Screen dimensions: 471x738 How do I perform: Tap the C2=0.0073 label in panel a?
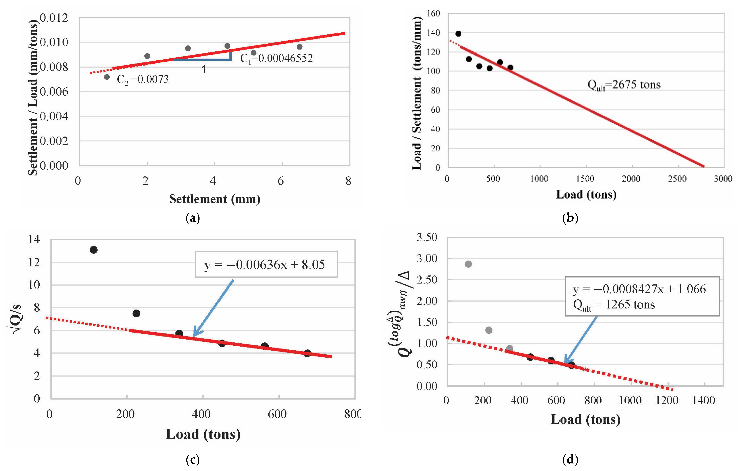(x=143, y=80)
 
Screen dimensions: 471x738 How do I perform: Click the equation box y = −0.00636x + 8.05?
(x=266, y=264)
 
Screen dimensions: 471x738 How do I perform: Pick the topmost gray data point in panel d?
(x=468, y=264)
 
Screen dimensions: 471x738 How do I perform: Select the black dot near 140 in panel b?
(x=458, y=33)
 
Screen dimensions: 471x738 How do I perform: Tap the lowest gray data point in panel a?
(x=107, y=77)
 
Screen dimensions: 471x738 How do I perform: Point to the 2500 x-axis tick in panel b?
(x=677, y=179)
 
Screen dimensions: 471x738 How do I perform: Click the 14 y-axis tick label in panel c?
(x=34, y=239)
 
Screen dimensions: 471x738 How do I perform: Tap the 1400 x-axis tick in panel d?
(x=703, y=400)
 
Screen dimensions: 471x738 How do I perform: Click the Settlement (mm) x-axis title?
(x=215, y=199)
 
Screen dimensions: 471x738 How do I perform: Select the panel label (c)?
(x=193, y=459)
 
